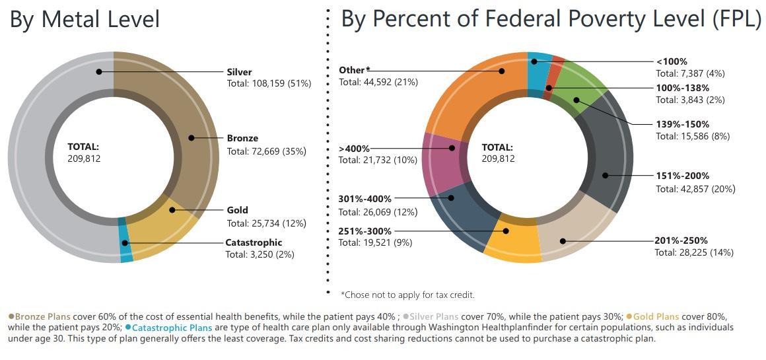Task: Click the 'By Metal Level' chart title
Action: (85, 19)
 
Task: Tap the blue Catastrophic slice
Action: (125, 240)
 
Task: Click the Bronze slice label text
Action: (242, 139)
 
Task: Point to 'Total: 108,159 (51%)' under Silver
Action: (269, 84)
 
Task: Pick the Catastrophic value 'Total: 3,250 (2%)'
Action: (260, 254)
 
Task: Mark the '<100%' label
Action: (672, 61)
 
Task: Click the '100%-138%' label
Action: (682, 88)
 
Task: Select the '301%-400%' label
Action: (365, 199)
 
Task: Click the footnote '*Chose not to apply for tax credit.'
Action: (407, 295)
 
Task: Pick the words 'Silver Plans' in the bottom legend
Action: (433, 317)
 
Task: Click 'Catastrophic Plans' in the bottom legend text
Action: (173, 328)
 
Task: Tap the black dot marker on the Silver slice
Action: (99, 71)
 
